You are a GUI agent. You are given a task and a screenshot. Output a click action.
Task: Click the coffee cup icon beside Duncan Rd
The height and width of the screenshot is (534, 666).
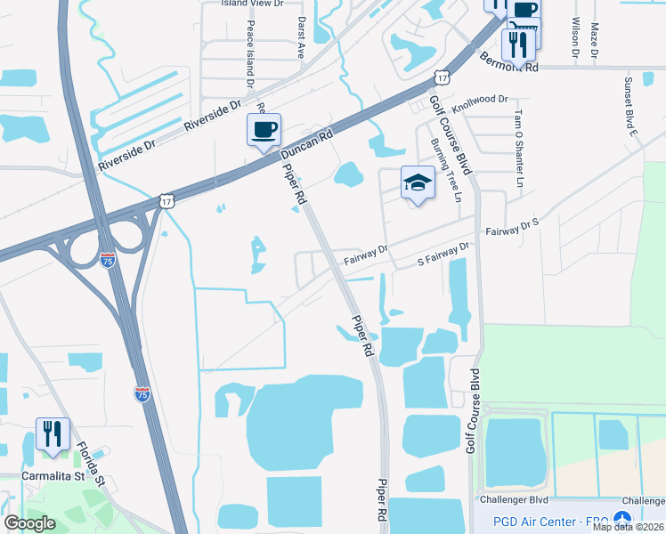(264, 130)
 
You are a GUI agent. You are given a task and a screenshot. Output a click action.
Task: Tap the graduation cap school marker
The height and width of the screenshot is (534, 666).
(417, 182)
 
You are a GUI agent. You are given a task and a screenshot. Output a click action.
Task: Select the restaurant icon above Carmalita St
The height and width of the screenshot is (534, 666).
(53, 434)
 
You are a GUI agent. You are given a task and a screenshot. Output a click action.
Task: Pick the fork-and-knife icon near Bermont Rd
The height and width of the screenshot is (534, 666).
(517, 44)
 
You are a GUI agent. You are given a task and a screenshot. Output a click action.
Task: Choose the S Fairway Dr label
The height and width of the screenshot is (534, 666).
(443, 255)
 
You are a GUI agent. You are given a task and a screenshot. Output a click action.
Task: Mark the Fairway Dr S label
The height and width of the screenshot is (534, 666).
(513, 227)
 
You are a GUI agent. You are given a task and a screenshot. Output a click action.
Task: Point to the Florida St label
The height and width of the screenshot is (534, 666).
(91, 464)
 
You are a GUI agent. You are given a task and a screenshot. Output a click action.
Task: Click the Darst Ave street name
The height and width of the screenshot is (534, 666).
(302, 36)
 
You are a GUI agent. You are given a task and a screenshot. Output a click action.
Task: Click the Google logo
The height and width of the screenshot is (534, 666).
(29, 522)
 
